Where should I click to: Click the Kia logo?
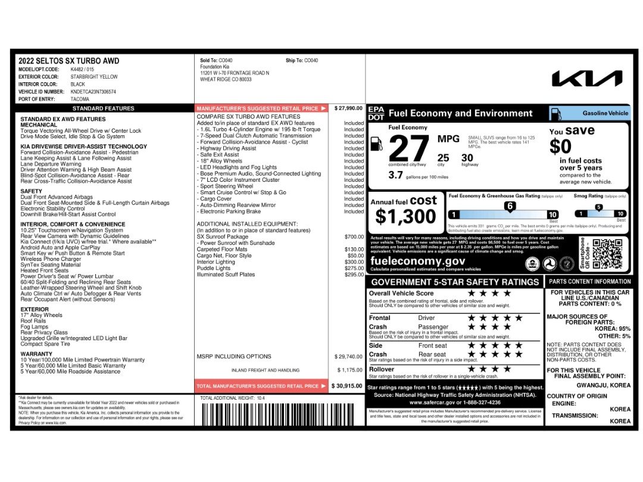[x=587, y=79]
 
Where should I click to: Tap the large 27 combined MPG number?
[x=408, y=148]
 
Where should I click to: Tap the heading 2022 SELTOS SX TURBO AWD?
[x=68, y=61]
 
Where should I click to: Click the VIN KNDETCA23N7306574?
[x=93, y=92]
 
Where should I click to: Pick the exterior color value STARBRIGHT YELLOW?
[x=94, y=76]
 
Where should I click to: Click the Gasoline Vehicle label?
[x=605, y=113]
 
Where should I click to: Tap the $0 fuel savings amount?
[x=560, y=146]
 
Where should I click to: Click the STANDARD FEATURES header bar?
[x=103, y=108]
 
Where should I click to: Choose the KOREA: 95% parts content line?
[x=612, y=328]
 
